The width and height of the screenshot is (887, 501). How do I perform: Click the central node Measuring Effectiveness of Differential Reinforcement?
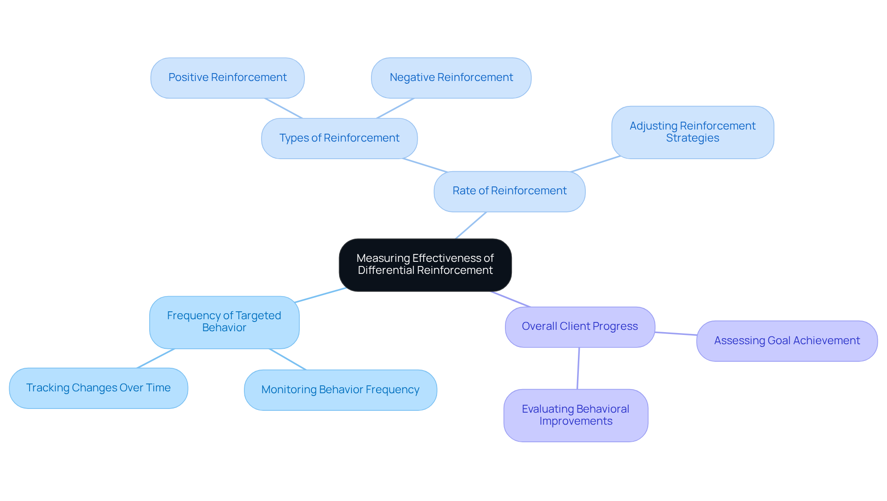click(425, 265)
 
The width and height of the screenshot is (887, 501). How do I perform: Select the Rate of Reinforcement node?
click(509, 191)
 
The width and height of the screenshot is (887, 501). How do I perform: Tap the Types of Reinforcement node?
click(339, 138)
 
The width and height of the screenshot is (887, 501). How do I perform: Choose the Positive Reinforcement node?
click(227, 78)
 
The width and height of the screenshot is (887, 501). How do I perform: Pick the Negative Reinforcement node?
click(451, 78)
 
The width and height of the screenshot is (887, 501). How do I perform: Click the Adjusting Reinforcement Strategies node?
click(692, 132)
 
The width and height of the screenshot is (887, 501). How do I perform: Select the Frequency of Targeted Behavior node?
click(224, 322)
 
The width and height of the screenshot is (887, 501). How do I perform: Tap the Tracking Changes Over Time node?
click(98, 388)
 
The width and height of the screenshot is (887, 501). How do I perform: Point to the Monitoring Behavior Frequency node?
click(340, 390)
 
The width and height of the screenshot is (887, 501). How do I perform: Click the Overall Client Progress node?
click(580, 327)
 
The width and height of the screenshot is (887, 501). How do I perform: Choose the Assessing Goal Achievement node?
click(787, 341)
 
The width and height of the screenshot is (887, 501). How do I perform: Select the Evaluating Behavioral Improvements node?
click(576, 415)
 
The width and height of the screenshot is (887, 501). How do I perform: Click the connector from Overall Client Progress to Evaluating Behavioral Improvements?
click(578, 368)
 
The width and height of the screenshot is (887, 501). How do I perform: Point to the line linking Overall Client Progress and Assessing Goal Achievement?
click(676, 334)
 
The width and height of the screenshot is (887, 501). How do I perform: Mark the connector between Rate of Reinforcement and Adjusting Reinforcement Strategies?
click(596, 164)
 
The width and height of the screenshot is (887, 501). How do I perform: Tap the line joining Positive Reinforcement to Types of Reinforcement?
click(283, 108)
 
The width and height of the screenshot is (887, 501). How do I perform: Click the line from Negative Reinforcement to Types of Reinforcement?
click(395, 108)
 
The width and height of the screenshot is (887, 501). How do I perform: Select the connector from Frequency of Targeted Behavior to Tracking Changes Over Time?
click(156, 359)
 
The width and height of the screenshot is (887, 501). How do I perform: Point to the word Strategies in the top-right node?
click(692, 138)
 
